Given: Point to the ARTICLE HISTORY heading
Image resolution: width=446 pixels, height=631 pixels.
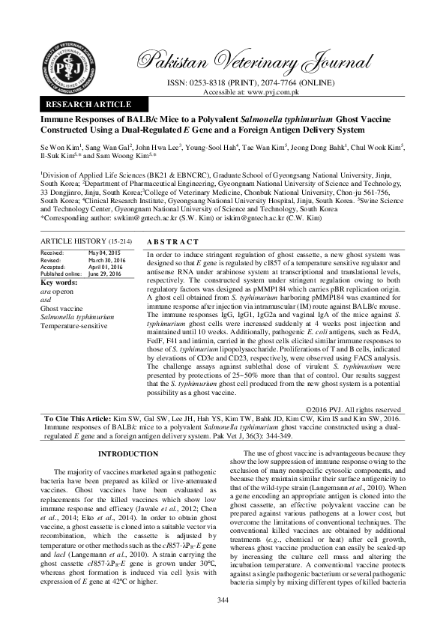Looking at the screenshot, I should (x=73, y=242).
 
